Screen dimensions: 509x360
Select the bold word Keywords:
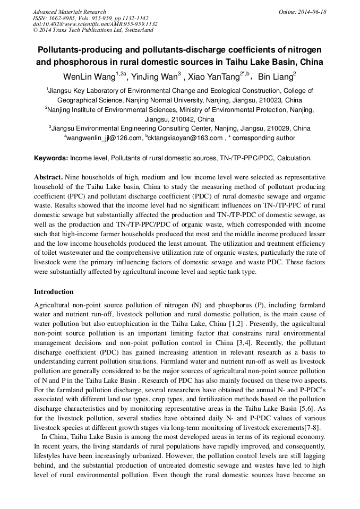coord(51,159)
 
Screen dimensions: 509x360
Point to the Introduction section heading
coord(54,292)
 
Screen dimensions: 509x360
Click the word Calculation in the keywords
coord(294,159)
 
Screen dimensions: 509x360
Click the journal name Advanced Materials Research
coord(69,12)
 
